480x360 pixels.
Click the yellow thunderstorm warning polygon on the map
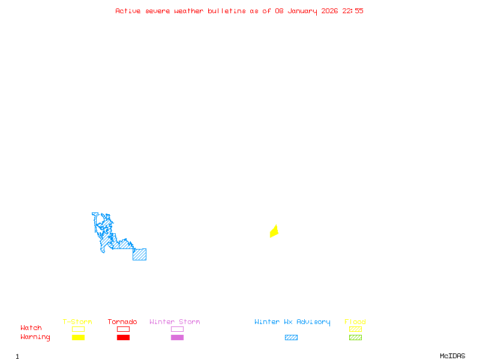tap(274, 232)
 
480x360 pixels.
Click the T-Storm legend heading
tap(77, 322)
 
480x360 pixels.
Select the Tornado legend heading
tap(122, 322)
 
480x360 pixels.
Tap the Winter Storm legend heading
tap(175, 322)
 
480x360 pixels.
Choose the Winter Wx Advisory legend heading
tap(292, 322)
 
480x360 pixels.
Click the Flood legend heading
tap(355, 322)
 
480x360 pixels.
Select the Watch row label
tap(31, 328)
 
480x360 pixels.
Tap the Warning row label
tap(35, 337)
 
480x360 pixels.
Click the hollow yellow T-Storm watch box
tap(78, 329)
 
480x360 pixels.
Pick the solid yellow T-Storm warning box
tap(78, 338)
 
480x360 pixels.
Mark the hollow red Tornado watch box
tap(123, 329)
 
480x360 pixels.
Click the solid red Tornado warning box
tap(123, 338)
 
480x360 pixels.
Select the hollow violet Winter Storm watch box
tap(177, 329)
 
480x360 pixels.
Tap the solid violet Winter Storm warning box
tap(177, 338)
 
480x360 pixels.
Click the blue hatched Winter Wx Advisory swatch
tap(291, 338)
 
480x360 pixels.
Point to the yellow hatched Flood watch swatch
tap(355, 329)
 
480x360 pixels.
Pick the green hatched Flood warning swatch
tap(355, 338)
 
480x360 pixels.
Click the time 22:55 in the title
tap(353, 11)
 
